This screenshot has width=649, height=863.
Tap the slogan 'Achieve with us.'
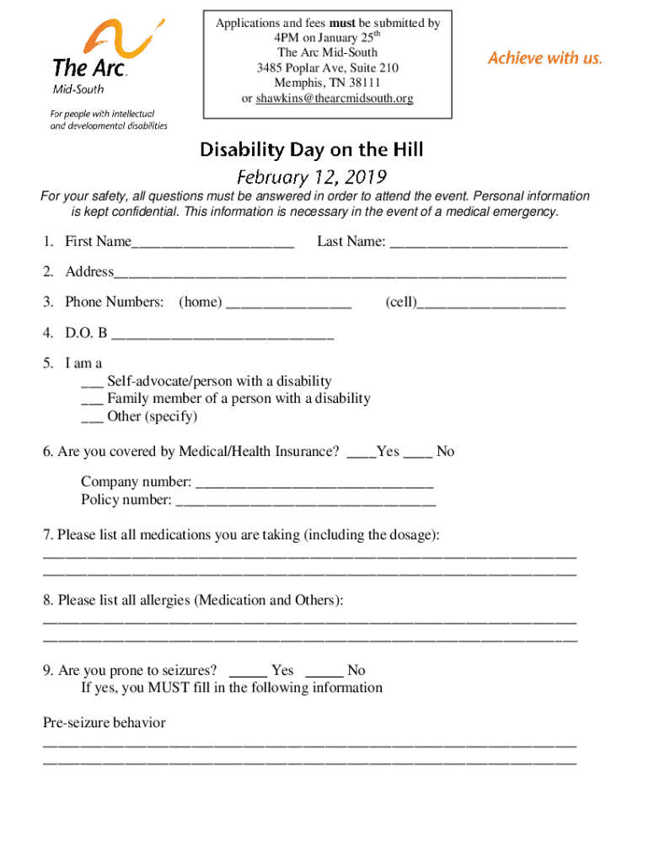click(545, 58)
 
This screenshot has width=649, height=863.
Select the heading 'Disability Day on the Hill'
click(311, 150)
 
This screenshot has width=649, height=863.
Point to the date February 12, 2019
click(311, 177)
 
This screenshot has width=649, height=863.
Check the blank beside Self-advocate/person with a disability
click(92, 383)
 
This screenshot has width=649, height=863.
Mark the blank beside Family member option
click(92, 400)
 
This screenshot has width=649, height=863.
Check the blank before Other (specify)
click(92, 418)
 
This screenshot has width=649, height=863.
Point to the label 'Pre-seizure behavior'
click(105, 722)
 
